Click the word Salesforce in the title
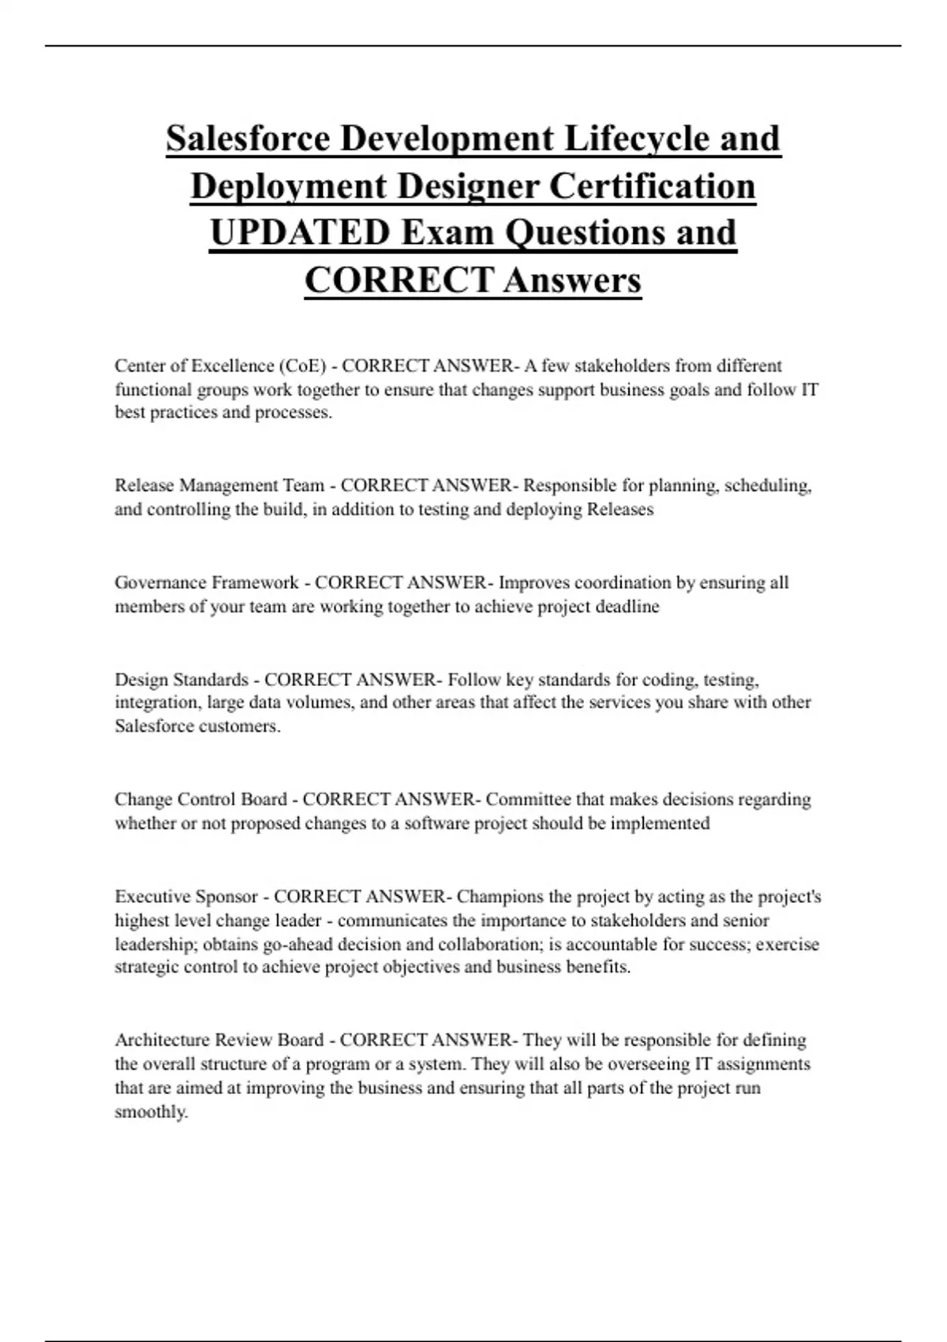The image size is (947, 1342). (247, 139)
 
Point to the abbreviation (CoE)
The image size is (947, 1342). (302, 366)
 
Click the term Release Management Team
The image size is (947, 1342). (219, 485)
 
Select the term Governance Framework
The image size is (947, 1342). (207, 583)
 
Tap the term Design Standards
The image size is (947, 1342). (182, 680)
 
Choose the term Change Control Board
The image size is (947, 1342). (200, 800)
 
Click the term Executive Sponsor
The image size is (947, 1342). (186, 897)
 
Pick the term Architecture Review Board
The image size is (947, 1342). (219, 1040)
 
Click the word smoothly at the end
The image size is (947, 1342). (151, 1112)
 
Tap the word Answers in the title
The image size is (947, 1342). (571, 280)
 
